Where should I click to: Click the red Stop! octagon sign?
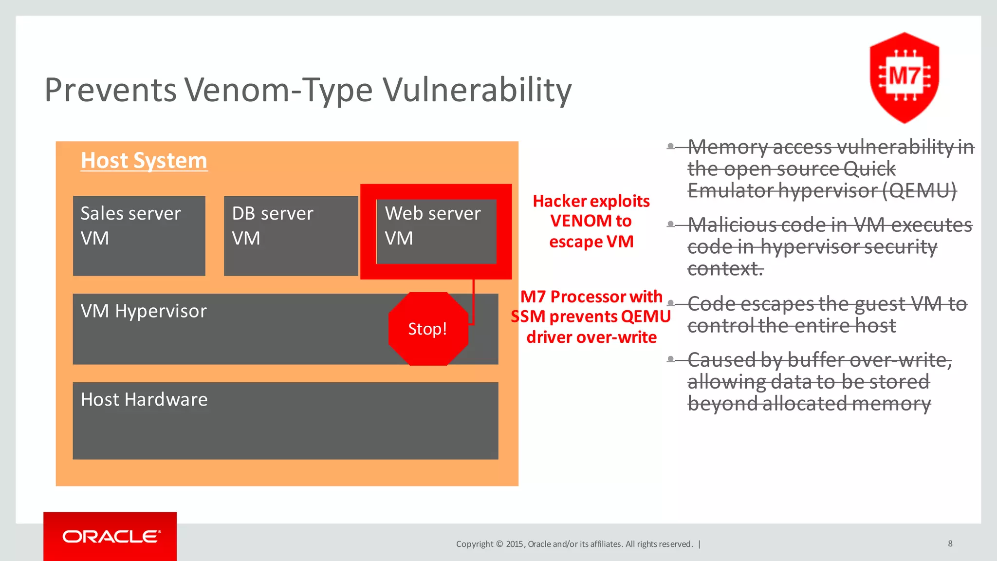[x=427, y=329]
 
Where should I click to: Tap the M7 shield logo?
[x=904, y=77]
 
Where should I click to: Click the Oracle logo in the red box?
[x=111, y=536]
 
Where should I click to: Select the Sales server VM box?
[x=139, y=236]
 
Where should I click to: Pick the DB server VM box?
[x=291, y=236]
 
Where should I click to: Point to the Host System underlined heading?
[x=144, y=161]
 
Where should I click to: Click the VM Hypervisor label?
[x=144, y=311]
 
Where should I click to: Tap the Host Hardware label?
[x=144, y=400]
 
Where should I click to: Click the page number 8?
[x=950, y=543]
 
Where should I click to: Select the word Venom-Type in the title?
[x=278, y=91]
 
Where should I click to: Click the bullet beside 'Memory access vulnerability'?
[x=671, y=146]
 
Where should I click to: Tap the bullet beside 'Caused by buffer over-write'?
[x=671, y=359]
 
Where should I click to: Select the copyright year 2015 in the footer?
[x=515, y=544]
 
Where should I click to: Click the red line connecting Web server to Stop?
[x=473, y=302]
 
